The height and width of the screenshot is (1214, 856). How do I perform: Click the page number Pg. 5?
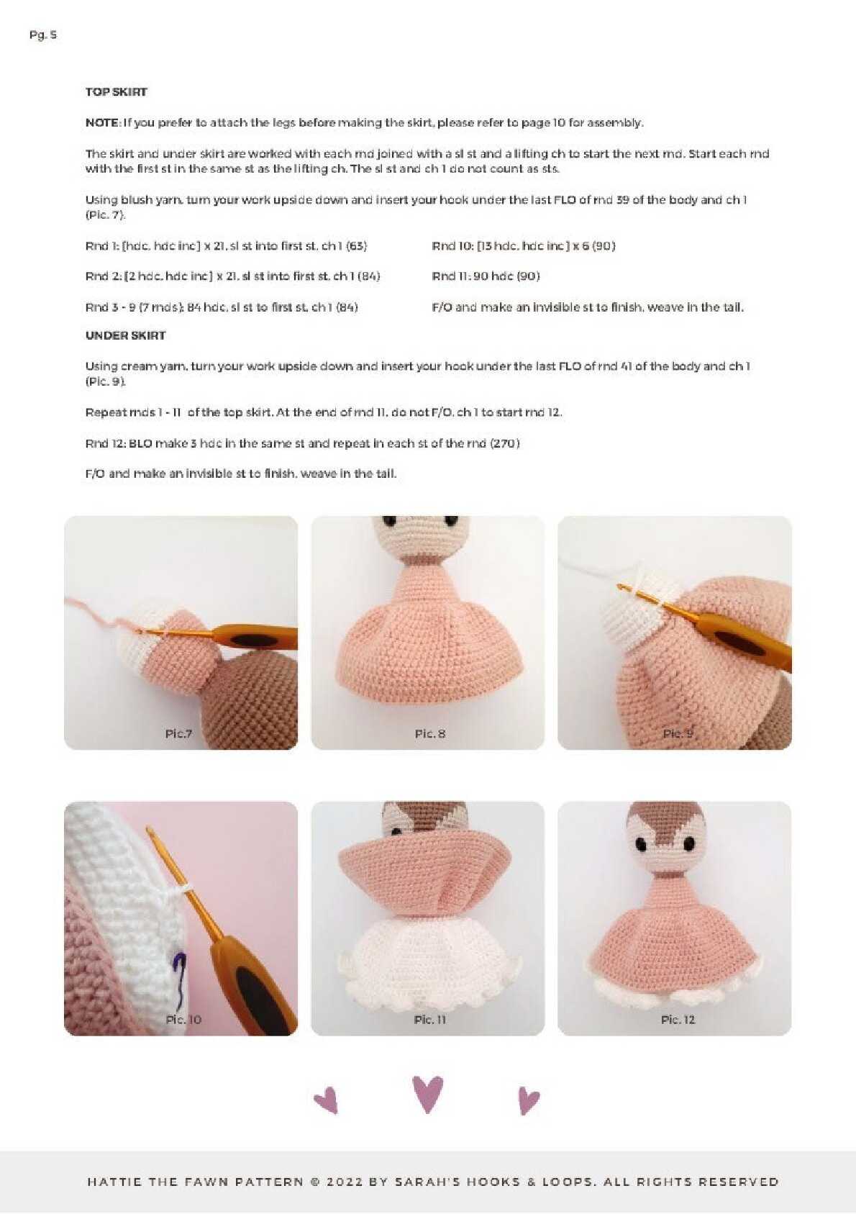point(43,35)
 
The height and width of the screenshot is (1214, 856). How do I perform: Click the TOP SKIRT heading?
point(116,92)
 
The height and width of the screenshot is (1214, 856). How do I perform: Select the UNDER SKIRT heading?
point(125,335)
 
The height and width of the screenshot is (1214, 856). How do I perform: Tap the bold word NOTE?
point(102,123)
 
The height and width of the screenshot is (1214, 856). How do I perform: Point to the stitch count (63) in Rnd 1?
point(357,246)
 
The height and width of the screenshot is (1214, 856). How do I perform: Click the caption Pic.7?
point(179,734)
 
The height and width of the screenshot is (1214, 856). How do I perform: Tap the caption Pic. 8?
point(430,734)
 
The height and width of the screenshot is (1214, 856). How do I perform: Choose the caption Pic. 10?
point(183,1020)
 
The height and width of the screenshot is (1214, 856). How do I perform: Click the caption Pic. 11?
point(430,1020)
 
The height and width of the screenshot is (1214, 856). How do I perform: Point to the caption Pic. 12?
point(678,1020)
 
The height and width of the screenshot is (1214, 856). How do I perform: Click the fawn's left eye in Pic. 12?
point(641,844)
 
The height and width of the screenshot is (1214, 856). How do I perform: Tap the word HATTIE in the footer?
point(114,1182)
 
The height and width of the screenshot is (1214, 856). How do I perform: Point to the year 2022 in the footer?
point(344,1182)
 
